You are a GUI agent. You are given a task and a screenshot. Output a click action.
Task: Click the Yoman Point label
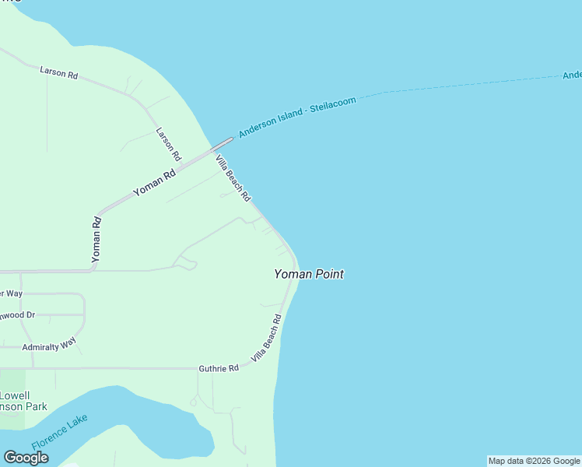click(x=308, y=274)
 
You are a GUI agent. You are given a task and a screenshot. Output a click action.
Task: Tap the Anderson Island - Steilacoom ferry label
click(x=296, y=118)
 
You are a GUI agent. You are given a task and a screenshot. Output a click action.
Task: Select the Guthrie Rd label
click(x=218, y=368)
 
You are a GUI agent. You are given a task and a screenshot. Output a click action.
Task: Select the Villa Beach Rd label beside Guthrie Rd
click(x=266, y=339)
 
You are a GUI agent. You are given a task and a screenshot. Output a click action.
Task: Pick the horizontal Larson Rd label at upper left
click(x=59, y=74)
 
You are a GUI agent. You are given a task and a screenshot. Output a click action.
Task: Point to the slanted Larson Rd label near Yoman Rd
click(x=168, y=144)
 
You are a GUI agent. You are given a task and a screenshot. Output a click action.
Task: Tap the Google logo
click(x=26, y=458)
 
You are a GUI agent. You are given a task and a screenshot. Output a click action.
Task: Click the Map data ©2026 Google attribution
click(x=534, y=461)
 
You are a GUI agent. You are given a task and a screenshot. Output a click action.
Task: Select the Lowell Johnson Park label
click(x=23, y=401)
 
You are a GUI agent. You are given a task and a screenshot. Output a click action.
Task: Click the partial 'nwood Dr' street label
click(x=17, y=315)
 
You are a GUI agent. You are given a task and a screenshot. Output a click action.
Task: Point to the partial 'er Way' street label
click(x=11, y=293)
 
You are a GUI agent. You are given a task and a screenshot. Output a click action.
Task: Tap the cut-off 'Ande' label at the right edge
click(x=572, y=75)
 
